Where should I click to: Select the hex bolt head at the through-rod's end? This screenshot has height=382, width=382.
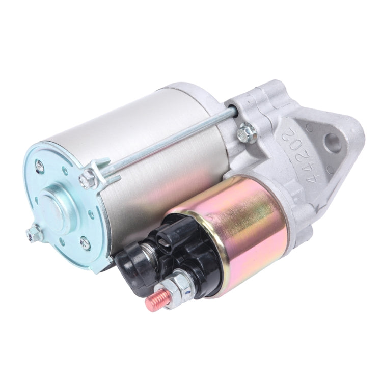point(88,178)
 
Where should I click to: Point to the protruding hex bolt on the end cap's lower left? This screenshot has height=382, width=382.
point(34,233)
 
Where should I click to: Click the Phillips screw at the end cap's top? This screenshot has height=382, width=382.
point(39,165)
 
